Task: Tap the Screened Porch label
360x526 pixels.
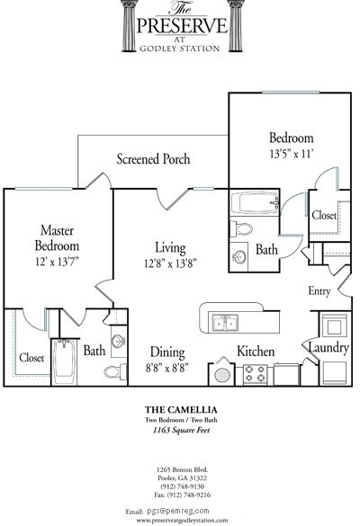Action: [x=153, y=159]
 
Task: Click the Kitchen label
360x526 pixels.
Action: [x=256, y=352]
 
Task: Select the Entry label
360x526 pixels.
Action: [x=319, y=290]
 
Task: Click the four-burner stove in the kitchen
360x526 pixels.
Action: [x=255, y=374]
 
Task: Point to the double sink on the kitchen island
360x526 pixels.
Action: [x=224, y=322]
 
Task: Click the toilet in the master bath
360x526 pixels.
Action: [x=114, y=371]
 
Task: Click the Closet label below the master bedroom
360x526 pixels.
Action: [x=31, y=357]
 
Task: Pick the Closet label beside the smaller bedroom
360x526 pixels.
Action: [x=324, y=216]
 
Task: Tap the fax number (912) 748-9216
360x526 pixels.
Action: [x=184, y=494]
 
